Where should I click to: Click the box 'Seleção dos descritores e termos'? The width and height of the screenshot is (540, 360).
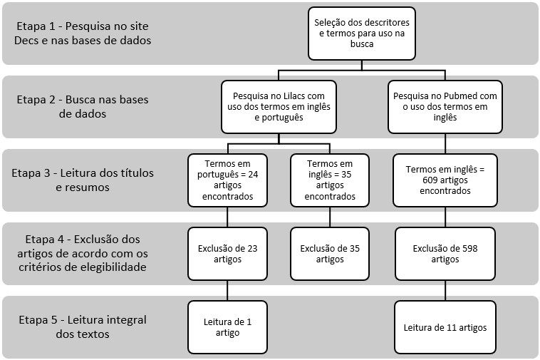362,34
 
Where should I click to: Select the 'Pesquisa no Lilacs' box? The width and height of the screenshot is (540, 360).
279,107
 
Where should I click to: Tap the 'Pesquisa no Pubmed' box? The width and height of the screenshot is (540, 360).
445,107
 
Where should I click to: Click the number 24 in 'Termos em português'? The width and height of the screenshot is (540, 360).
253,175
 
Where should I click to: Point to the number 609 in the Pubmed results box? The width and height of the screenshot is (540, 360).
430,180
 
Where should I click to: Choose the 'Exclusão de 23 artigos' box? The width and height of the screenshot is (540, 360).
227,254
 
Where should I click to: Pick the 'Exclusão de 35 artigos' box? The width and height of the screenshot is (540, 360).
330,254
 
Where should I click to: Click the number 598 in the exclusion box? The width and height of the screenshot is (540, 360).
470,248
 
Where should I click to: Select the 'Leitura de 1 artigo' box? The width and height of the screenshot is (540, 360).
227,327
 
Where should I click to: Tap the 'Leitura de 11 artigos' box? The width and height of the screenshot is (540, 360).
445,327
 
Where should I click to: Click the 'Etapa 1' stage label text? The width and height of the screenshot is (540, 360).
83,33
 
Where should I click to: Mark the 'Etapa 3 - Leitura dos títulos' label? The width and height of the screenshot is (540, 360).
83,173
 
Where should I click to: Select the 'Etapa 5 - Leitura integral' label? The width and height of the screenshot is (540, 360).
83,319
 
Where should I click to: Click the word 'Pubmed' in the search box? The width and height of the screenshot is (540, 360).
461,96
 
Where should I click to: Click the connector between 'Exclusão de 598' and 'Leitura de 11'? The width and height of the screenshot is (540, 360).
445,290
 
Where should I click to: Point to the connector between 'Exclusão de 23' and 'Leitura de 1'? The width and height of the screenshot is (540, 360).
227,290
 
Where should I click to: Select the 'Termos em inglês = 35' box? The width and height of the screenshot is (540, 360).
330,180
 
